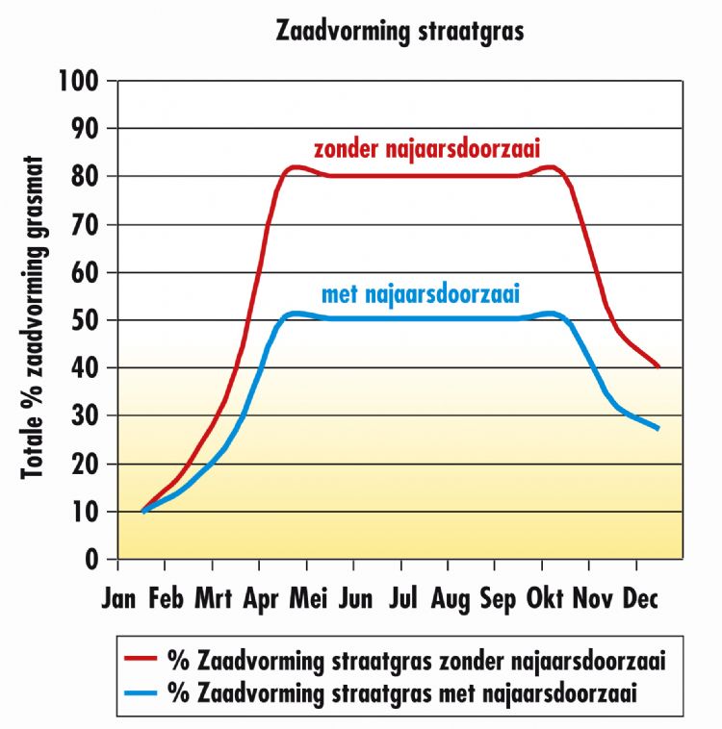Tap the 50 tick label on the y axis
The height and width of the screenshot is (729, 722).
click(90, 320)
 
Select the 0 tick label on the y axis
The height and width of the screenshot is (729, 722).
click(95, 559)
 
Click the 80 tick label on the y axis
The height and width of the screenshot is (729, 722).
click(90, 177)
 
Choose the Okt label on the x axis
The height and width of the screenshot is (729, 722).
click(544, 599)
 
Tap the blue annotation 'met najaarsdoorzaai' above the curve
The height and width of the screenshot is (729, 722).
click(426, 291)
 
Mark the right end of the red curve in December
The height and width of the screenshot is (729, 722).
click(659, 366)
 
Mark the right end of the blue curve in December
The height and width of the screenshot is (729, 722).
click(659, 429)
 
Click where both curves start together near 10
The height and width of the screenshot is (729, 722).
click(142, 512)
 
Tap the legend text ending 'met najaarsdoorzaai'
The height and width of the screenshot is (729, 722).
click(402, 691)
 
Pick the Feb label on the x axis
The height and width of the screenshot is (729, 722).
click(166, 599)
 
